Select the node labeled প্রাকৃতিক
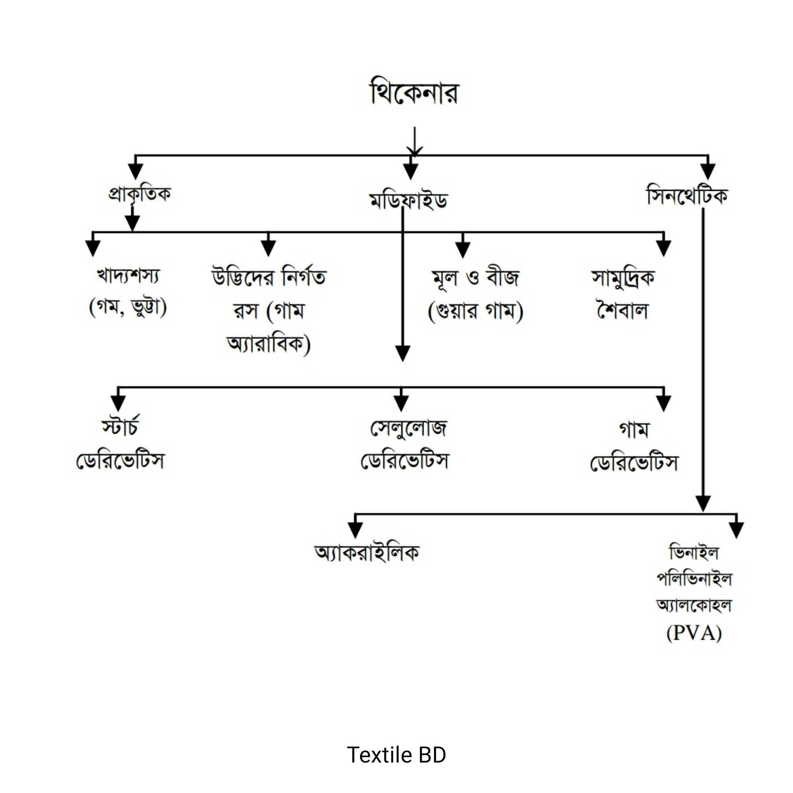coord(139,194)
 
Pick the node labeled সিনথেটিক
coord(687,196)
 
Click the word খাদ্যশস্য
coord(128,276)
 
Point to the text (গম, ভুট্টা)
coord(128,307)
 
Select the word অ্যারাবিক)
coord(269,344)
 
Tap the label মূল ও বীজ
coord(475,278)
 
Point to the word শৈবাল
coord(623,311)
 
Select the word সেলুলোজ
coord(409,428)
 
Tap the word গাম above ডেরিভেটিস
coord(634,430)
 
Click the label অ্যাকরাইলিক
coord(367,553)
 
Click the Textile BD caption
coord(396,755)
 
